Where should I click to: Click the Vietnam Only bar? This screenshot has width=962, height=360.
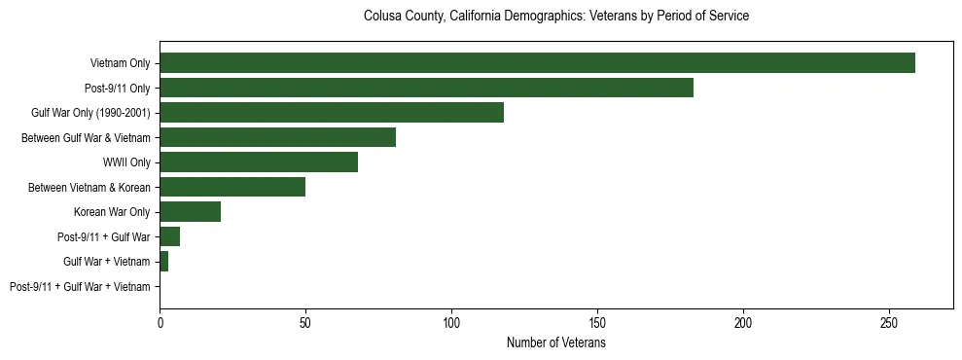click(537, 63)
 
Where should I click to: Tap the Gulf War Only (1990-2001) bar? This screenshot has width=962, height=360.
click(332, 113)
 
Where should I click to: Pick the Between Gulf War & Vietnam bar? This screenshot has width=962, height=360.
click(277, 137)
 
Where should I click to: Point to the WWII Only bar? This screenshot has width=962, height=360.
click(259, 162)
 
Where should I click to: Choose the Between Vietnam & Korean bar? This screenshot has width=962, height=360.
click(232, 187)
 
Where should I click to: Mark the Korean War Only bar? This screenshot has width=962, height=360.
click(190, 212)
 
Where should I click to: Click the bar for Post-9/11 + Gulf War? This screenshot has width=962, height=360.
click(169, 236)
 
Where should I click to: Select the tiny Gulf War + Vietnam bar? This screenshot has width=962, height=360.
click(163, 262)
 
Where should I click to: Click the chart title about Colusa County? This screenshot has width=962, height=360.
click(555, 17)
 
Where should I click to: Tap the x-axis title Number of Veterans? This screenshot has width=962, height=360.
click(555, 343)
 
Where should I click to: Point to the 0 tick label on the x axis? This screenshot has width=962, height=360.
click(160, 322)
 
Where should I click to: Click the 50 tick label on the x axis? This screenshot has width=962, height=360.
click(305, 322)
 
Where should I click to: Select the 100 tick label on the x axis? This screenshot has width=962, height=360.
click(451, 322)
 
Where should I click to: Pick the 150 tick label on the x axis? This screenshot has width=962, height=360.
click(597, 322)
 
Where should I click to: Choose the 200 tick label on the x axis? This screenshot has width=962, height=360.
click(743, 322)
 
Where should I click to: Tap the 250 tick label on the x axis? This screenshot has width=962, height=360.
click(889, 322)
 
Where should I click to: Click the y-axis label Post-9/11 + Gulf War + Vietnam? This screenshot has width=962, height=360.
click(80, 287)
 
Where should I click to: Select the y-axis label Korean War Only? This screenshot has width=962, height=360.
click(112, 212)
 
